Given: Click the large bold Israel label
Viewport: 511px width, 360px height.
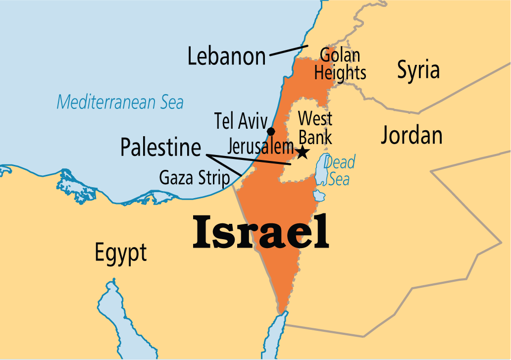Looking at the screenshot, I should [261, 231].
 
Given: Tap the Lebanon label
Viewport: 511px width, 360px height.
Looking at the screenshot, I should [226, 57].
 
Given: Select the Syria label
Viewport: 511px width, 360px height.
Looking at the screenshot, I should [418, 70].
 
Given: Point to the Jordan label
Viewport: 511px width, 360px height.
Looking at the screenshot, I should [411, 135].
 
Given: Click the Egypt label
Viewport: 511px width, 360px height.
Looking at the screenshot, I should [121, 253].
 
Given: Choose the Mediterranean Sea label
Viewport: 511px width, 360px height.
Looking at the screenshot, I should [120, 103].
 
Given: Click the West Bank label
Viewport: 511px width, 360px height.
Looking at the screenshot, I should [315, 128].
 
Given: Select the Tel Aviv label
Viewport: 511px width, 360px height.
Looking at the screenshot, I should [241, 120].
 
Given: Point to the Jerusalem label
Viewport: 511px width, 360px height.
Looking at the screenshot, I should [260, 147].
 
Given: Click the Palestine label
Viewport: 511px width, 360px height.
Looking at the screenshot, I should [161, 148].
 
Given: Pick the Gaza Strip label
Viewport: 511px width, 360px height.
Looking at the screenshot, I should [195, 177].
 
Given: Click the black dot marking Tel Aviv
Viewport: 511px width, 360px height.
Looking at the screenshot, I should [271, 131].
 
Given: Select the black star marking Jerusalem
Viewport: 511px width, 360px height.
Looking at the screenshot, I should [302, 152].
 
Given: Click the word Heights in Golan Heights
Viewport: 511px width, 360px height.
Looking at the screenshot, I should [340, 73].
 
